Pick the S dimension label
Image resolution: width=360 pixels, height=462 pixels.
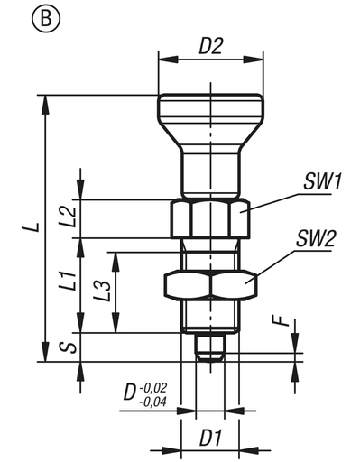(x=65, y=346)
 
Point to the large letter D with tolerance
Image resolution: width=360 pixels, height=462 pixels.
(x=130, y=393)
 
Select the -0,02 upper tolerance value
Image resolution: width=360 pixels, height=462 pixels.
(x=156, y=386)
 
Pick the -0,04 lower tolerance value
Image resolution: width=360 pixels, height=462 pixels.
(x=156, y=401)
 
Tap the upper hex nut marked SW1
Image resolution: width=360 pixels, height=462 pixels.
(x=209, y=217)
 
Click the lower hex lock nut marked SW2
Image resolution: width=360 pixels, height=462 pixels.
(x=209, y=284)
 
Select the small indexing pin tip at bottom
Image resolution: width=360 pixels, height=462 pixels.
(x=209, y=347)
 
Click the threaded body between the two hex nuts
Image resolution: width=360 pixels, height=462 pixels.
(x=209, y=253)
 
